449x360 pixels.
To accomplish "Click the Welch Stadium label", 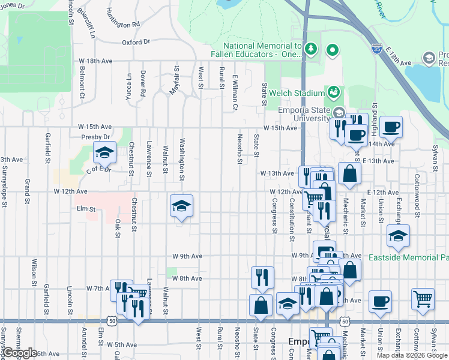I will pos(297,93).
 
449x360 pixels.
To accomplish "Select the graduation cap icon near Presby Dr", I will pos(104,154).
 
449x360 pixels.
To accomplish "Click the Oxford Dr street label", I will pos(135,43).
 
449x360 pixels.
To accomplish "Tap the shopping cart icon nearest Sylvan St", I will pos(423,299).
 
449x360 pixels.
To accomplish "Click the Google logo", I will pos(20,353).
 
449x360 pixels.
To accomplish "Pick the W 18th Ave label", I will pos(95,61).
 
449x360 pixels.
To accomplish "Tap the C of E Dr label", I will pos(98,170).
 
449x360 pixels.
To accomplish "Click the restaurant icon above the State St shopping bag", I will pos(262,277).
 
